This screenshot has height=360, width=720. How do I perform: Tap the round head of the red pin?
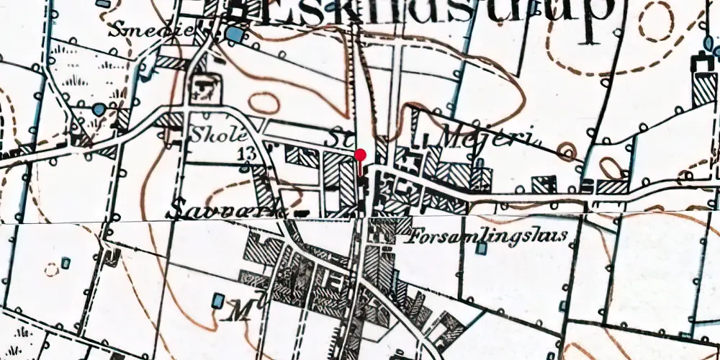pyautogui.click(x=361, y=154)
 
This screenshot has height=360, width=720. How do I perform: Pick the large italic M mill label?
pyautogui.click(x=238, y=312)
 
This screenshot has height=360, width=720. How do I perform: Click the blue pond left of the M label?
pyautogui.click(x=218, y=298)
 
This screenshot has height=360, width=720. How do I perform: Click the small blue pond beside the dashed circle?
pyautogui.click(x=66, y=261)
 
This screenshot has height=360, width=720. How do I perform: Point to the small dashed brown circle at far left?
pyautogui.click(x=50, y=270)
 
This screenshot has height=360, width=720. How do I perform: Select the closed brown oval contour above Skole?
pyautogui.click(x=264, y=102)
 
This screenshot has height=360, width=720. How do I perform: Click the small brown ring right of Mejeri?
pyautogui.click(x=568, y=152)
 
